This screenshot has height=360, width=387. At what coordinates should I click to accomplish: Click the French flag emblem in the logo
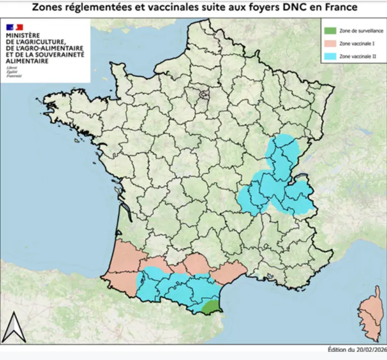tap(15, 27)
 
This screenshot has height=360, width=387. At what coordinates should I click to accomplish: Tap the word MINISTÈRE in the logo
tap(22, 36)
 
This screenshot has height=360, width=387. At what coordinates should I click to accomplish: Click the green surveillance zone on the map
tap(211, 306)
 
